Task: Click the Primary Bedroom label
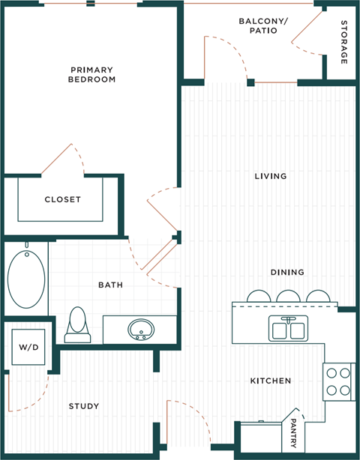coord(91,73)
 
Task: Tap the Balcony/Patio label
coord(258,25)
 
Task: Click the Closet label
coord(62,199)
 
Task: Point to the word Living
coord(271,177)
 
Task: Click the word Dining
coord(287,272)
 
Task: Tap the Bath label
coord(110,285)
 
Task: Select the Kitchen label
coord(271,381)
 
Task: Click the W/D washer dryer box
coord(27,348)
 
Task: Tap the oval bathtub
coord(26,280)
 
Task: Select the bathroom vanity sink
coord(140,328)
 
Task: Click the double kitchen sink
coord(287,328)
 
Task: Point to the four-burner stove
coord(338,381)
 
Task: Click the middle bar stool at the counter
coord(287,297)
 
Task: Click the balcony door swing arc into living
coord(229,56)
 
